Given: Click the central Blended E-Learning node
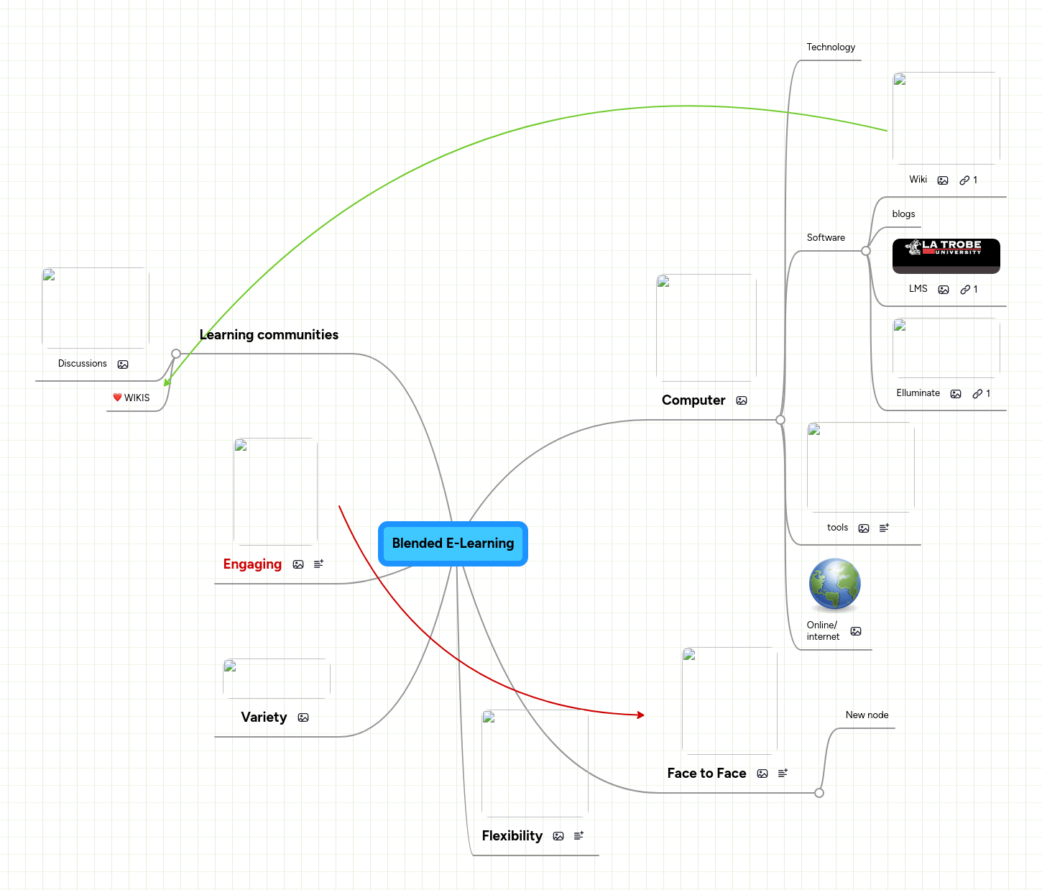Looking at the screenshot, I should pyautogui.click(x=453, y=543).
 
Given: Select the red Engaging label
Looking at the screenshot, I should pyautogui.click(x=252, y=564).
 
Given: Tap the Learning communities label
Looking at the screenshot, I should pyautogui.click(x=269, y=335).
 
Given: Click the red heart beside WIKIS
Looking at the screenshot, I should pyautogui.click(x=117, y=398).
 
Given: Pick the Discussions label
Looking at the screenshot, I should pyautogui.click(x=82, y=364).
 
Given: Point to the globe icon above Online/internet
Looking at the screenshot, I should pyautogui.click(x=834, y=584).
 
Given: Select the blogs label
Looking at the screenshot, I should pyautogui.click(x=903, y=214).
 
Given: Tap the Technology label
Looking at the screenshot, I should pyautogui.click(x=831, y=47).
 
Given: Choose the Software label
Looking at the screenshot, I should pyautogui.click(x=826, y=238).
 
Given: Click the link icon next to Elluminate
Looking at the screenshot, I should pyautogui.click(x=977, y=394).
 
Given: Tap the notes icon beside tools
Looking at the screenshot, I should pyautogui.click(x=884, y=528).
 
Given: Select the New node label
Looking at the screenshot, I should pyautogui.click(x=867, y=715).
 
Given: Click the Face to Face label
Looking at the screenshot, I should pyautogui.click(x=706, y=774).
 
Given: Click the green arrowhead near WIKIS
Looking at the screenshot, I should pyautogui.click(x=167, y=382).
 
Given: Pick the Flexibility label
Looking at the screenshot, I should pyautogui.click(x=512, y=836).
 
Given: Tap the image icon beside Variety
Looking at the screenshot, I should pyautogui.click(x=303, y=717).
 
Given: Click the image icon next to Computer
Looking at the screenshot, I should pyautogui.click(x=742, y=400).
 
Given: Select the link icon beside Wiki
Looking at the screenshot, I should pyautogui.click(x=964, y=180).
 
